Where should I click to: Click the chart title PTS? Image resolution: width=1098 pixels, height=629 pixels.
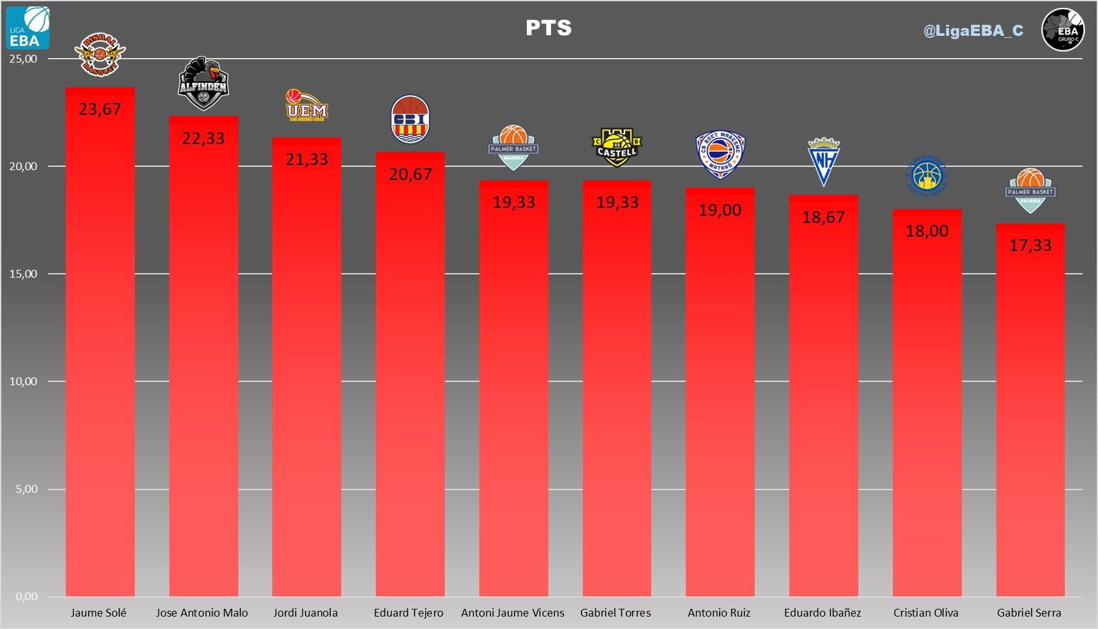pos(548,28)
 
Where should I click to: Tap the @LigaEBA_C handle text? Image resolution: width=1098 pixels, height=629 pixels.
pos(973,31)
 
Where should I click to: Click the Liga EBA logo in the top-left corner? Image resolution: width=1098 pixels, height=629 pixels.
pos(28,28)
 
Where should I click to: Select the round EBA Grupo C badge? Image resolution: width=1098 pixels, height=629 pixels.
pos(1063,30)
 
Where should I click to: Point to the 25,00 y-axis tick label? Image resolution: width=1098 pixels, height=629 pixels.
pos(23,59)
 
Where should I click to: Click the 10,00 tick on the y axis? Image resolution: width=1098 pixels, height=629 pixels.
pos(23,381)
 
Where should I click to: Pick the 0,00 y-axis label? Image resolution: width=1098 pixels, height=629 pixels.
pos(26,596)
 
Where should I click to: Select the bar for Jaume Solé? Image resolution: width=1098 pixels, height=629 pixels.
pos(100,352)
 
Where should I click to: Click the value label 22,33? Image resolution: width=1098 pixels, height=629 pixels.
pos(203,138)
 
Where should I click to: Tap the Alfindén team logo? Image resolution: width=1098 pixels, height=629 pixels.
pos(203,83)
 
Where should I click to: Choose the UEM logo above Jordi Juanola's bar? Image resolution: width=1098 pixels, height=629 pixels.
pos(307,106)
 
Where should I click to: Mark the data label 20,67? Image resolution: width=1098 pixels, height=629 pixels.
pos(410,174)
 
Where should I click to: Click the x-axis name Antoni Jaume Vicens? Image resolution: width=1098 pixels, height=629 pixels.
pos(513,613)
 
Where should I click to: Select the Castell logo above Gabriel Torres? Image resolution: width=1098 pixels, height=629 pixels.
pos(617,147)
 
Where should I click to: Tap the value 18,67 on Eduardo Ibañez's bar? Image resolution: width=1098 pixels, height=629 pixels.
pos(823,217)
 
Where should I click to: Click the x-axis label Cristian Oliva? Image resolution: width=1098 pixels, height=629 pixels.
pos(925,613)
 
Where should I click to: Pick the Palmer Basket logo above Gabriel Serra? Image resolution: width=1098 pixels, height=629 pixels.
pos(1030,190)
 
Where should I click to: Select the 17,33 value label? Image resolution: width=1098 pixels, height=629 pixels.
pos(1030,245)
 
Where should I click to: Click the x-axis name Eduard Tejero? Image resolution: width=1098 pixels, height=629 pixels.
pos(408,613)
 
